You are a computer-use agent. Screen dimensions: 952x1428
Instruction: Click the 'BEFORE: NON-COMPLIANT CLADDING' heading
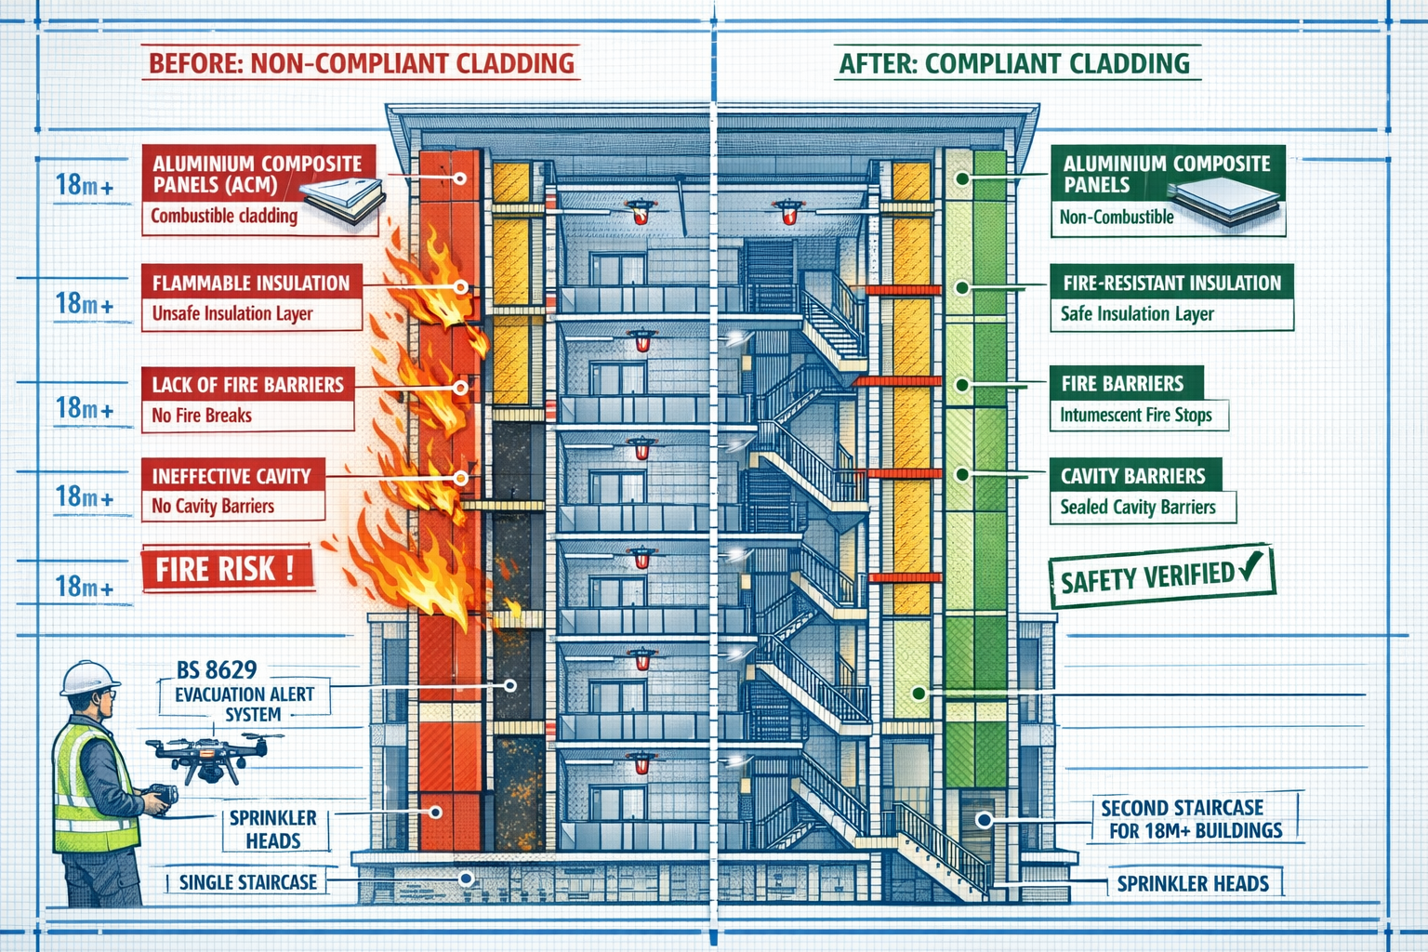362,63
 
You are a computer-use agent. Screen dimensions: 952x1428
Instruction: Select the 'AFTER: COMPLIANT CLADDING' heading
1013,63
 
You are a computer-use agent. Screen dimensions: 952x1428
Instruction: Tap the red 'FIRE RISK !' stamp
226,568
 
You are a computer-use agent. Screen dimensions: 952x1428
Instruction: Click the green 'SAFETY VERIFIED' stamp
1160,577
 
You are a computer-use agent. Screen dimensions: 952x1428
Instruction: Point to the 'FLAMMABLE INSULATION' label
251,283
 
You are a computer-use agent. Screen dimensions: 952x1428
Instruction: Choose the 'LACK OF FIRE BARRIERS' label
247,384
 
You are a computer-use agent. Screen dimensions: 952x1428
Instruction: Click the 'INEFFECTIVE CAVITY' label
231,476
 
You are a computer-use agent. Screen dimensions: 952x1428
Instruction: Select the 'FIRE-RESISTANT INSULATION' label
1171,283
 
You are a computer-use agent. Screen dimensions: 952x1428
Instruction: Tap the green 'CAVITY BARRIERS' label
1133,476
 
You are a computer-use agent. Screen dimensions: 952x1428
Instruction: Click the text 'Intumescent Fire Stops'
1136,415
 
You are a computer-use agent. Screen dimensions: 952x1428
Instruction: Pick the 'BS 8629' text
217,669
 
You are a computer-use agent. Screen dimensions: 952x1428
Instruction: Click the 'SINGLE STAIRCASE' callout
247,882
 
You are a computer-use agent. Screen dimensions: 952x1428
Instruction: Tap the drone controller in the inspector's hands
162,797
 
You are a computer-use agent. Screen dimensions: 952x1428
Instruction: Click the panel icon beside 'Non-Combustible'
1225,200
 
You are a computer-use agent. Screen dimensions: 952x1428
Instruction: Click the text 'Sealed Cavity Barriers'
1138,507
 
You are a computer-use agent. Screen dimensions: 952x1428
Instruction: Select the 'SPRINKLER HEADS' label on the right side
1193,883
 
